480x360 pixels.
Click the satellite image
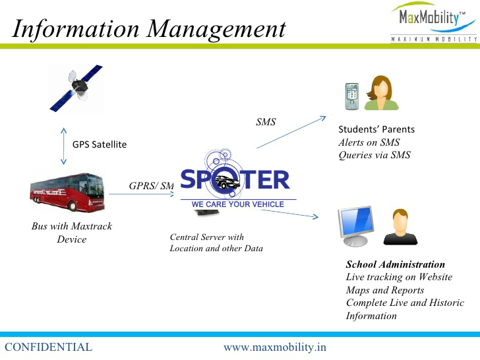click(76, 87)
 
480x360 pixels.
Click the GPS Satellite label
click(99, 144)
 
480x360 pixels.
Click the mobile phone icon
click(351, 96)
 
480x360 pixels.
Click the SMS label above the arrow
click(266, 121)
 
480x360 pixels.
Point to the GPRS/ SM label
click(152, 185)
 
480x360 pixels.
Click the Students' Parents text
click(376, 129)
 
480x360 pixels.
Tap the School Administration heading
click(396, 264)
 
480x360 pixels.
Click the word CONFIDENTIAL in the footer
click(48, 347)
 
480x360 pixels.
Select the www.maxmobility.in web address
click(275, 347)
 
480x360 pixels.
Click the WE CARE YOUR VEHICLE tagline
click(238, 204)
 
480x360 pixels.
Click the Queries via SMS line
click(375, 155)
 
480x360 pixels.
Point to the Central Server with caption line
click(207, 237)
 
